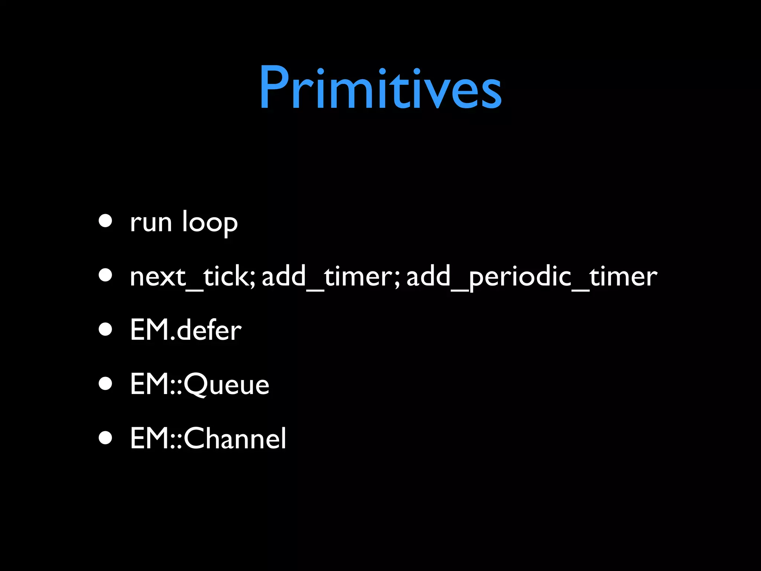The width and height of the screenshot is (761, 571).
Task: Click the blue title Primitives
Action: pyautogui.click(x=380, y=87)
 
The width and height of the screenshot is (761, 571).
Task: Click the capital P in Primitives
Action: pyautogui.click(x=274, y=87)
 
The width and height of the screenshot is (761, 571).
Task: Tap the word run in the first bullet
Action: pyautogui.click(x=151, y=223)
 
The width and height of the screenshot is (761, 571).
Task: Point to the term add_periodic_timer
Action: pyautogui.click(x=531, y=277)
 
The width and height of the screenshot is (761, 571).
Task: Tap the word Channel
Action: pyautogui.click(x=235, y=439)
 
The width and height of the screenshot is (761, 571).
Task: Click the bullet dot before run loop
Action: pyautogui.click(x=106, y=220)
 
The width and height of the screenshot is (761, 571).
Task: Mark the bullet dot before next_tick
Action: pyautogui.click(x=106, y=275)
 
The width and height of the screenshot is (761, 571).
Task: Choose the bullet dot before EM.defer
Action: pyautogui.click(x=106, y=329)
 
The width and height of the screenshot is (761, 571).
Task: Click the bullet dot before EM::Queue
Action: pyautogui.click(x=106, y=383)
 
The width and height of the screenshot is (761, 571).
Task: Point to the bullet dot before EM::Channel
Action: pyautogui.click(x=106, y=438)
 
